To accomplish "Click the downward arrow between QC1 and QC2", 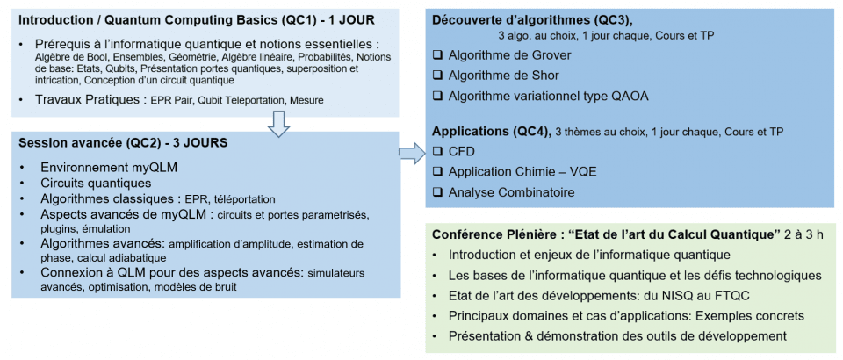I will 278,125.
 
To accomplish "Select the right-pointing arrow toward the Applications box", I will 410,154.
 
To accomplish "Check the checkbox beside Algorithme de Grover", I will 439,55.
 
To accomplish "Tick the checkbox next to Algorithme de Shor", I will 439,76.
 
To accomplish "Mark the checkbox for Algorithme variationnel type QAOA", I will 439,96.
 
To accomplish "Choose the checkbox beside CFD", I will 439,152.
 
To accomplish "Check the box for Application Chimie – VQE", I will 439,171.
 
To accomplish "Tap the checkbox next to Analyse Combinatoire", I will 439,191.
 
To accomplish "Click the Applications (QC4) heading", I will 491,132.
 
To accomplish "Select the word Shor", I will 540,76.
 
